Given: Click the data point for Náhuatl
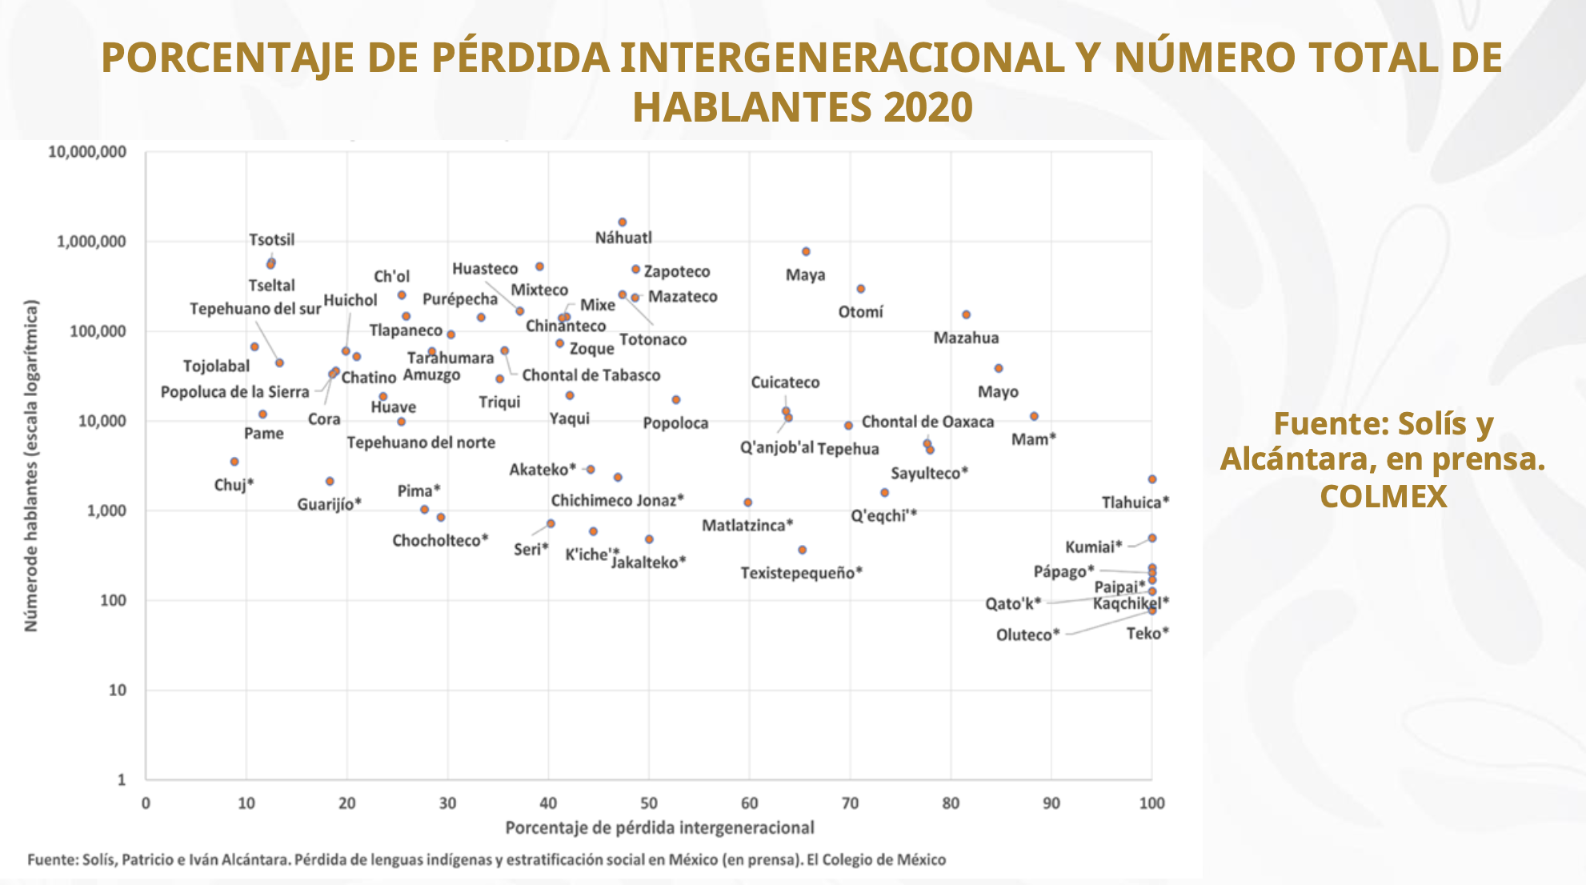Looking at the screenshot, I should pyautogui.click(x=622, y=222).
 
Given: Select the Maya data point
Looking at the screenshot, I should pyautogui.click(x=806, y=252).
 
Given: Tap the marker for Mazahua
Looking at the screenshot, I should pyautogui.click(x=966, y=315).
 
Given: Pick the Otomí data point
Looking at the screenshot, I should pyautogui.click(x=860, y=289).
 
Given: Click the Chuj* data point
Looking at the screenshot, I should pyautogui.click(x=234, y=462).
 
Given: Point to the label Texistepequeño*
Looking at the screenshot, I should pyautogui.click(x=801, y=573).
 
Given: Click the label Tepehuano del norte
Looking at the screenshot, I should pyautogui.click(x=421, y=442).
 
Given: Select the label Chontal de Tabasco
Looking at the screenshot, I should pyautogui.click(x=591, y=375).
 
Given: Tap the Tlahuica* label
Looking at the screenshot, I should pyautogui.click(x=1135, y=503).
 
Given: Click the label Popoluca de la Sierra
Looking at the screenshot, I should pyautogui.click(x=234, y=392).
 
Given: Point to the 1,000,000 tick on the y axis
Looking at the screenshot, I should pyautogui.click(x=91, y=242).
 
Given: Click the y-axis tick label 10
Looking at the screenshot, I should pyautogui.click(x=117, y=690).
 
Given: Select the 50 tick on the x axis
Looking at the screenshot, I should pyautogui.click(x=649, y=803).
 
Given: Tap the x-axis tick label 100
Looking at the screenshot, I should pyautogui.click(x=1151, y=803).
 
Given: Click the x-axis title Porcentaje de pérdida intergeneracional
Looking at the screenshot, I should pyautogui.click(x=659, y=827).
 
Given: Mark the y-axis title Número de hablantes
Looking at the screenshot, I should pyautogui.click(x=31, y=466).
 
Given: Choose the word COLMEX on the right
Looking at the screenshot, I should pyautogui.click(x=1383, y=497).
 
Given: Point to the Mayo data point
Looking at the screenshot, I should pyautogui.click(x=998, y=369).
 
